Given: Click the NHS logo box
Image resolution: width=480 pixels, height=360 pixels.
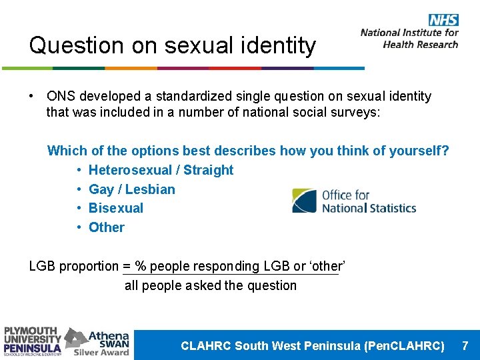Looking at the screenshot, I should [443, 20].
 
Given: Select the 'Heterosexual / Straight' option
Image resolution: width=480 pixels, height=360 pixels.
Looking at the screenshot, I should [161, 170].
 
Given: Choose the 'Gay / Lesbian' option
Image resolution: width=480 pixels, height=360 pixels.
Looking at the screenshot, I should [131, 189].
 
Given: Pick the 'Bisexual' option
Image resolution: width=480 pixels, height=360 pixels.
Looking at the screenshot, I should [116, 208].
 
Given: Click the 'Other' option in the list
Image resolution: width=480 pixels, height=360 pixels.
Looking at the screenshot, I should [107, 227].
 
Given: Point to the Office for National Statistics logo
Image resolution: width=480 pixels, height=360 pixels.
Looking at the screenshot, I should [354, 201].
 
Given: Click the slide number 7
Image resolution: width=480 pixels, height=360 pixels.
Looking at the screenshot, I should [465, 345].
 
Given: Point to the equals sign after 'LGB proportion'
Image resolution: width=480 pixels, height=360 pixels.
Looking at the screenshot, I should [127, 266].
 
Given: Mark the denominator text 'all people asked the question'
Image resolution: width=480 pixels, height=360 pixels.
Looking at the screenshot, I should [211, 285].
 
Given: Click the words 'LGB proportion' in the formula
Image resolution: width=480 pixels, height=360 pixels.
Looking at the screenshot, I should [73, 266].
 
